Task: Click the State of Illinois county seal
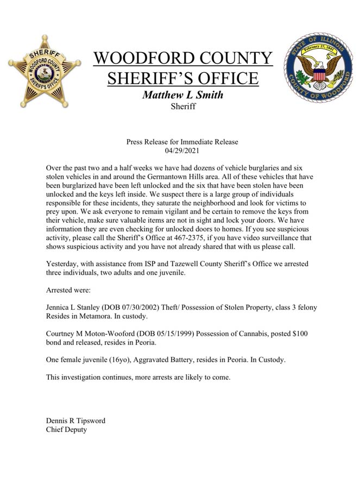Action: tap(318, 68)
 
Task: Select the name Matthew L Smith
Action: tap(182, 95)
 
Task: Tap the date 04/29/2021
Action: tap(182, 150)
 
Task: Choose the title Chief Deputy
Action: tap(67, 430)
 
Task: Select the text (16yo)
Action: tap(116, 360)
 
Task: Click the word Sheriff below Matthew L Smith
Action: tap(182, 106)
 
